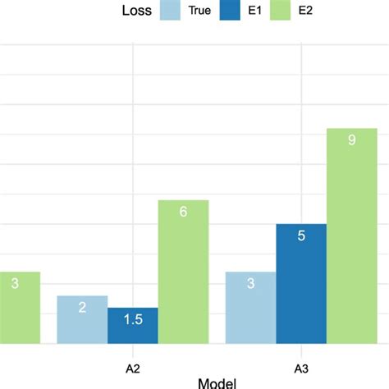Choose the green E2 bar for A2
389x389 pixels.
click(x=183, y=272)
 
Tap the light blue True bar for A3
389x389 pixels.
click(x=250, y=307)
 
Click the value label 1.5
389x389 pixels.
click(x=133, y=319)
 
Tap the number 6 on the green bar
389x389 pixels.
click(x=183, y=212)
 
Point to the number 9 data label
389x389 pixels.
click(x=351, y=140)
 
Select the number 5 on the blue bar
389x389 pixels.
click(x=301, y=236)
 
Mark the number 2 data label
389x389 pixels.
click(x=82, y=307)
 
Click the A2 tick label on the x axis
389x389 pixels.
click(x=133, y=362)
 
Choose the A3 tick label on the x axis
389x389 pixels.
click(x=301, y=362)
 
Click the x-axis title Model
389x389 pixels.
click(x=217, y=382)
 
